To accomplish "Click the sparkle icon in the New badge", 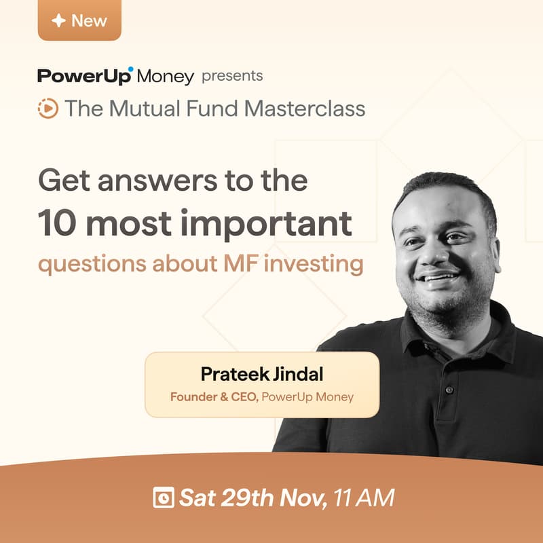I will click(59, 20).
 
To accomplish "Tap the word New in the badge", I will click(89, 20).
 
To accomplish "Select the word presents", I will click(232, 75).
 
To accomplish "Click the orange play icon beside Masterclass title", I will click(48, 109).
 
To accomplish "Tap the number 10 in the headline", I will click(56, 223).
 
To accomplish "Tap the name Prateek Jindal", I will click(261, 374).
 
